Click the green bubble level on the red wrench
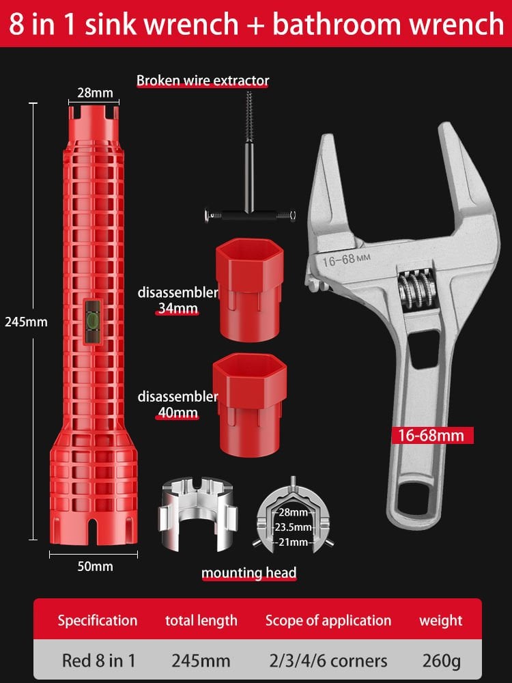click(x=93, y=320)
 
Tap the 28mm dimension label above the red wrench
click(x=95, y=92)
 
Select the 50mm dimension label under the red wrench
click(x=95, y=566)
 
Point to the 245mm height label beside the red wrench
click(x=26, y=322)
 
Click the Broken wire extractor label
click(x=203, y=81)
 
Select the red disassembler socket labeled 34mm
click(x=249, y=289)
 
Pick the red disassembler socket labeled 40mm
click(x=249, y=404)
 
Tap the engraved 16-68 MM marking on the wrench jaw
click(x=346, y=260)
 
